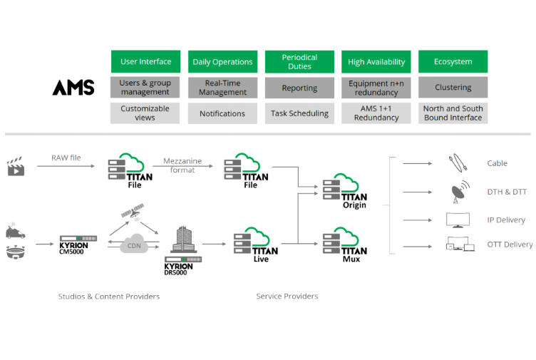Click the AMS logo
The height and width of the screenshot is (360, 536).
pos(73,88)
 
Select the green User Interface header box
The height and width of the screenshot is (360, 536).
pos(145,62)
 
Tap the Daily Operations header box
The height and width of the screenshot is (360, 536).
pos(222,62)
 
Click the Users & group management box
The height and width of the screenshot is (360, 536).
pos(145,88)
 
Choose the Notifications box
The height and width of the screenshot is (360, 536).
pos(222,113)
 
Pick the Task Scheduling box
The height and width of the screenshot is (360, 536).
pos(299,113)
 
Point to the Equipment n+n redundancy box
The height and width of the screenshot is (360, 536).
pos(376,88)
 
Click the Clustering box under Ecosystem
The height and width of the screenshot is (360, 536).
pos(453,88)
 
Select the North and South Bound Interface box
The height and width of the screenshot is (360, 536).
pos(453,113)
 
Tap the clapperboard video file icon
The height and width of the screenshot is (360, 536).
pos(16,168)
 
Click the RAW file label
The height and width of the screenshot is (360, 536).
pos(66,158)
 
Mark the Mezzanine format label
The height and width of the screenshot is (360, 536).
pos(182,165)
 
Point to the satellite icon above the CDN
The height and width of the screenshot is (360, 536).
pos(133,211)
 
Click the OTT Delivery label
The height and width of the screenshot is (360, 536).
pos(510,245)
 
